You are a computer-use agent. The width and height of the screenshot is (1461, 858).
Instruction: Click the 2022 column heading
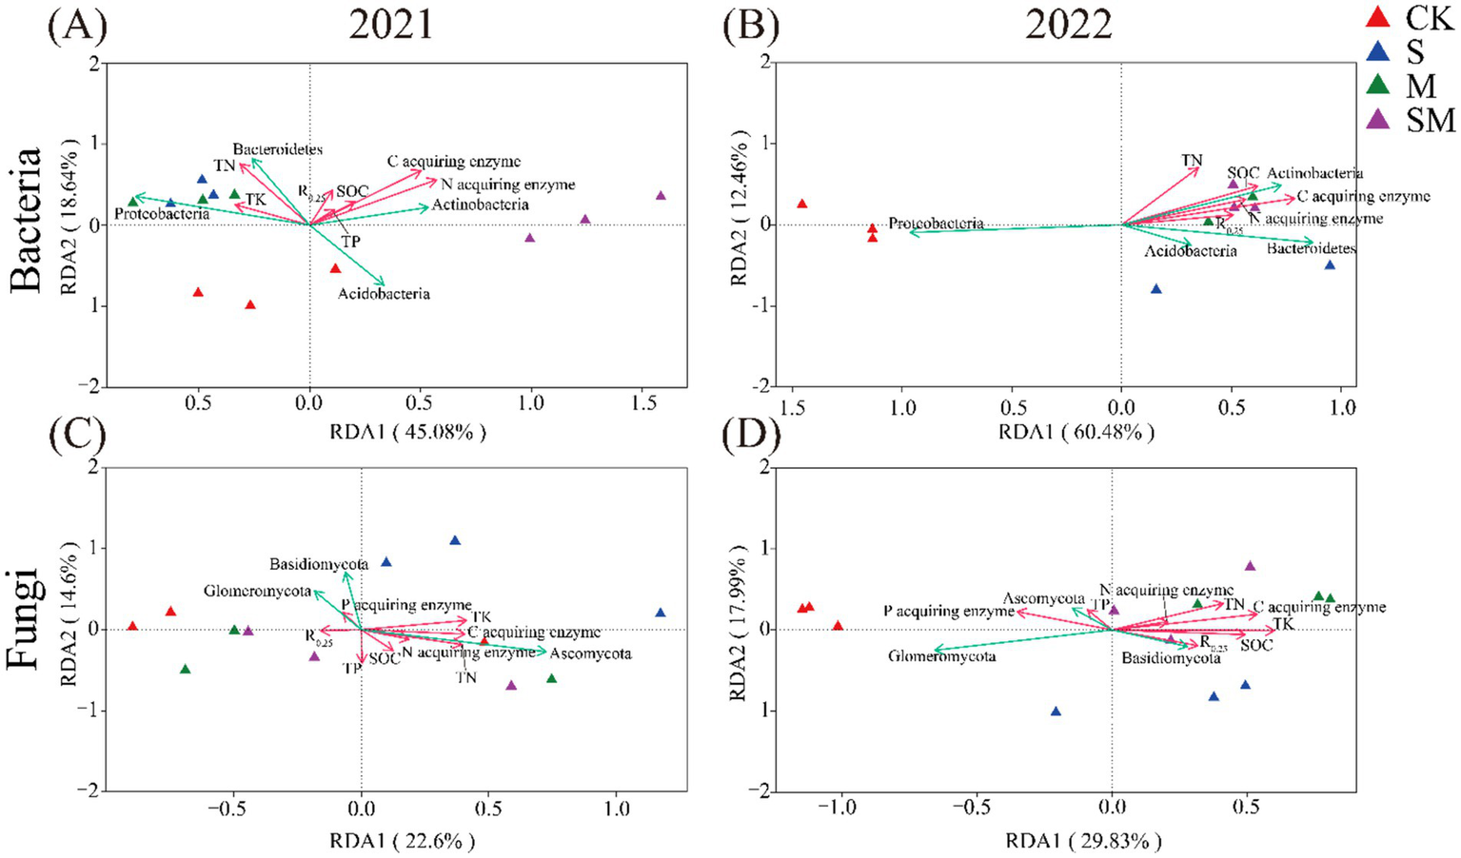click(x=1068, y=26)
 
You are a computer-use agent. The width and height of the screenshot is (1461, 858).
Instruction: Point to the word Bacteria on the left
click(x=26, y=219)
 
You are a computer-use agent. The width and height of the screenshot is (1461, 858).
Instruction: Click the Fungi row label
click(x=26, y=618)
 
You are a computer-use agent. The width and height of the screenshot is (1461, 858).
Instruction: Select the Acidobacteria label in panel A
click(x=384, y=294)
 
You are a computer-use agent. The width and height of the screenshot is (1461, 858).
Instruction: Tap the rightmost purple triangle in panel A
click(x=661, y=196)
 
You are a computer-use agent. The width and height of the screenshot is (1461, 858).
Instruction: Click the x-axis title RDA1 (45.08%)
click(x=407, y=432)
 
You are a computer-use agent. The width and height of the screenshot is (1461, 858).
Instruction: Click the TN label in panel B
click(x=1192, y=161)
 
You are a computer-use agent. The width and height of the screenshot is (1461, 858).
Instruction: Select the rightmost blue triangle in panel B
click(x=1330, y=264)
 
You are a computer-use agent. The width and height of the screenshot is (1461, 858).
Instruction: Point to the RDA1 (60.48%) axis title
click(x=1076, y=432)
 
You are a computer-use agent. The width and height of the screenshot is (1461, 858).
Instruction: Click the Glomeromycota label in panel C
click(x=257, y=592)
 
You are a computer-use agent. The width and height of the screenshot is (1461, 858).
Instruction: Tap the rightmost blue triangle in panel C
click(x=661, y=614)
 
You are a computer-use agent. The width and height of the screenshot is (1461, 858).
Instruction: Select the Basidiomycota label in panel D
click(x=1170, y=657)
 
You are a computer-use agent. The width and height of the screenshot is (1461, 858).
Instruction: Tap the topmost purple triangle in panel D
click(x=1250, y=566)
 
